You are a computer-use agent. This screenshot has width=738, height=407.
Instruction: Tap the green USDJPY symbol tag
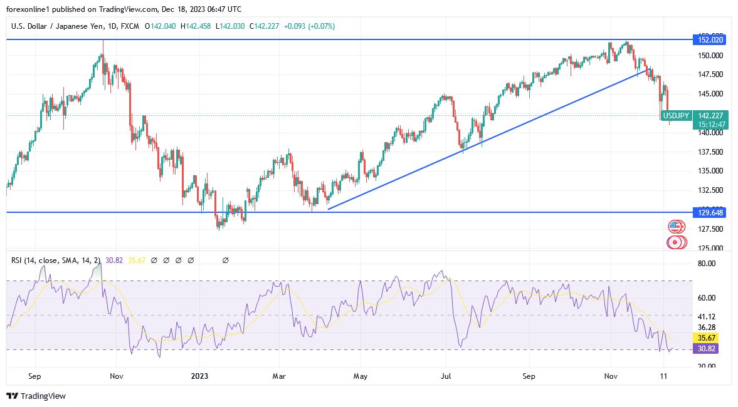pyautogui.click(x=677, y=115)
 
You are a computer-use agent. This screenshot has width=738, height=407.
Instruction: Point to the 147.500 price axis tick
pyautogui.click(x=711, y=75)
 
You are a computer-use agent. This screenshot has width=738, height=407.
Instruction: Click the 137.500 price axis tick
pyautogui.click(x=711, y=152)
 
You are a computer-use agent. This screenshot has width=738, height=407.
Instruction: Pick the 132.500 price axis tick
pyautogui.click(x=711, y=190)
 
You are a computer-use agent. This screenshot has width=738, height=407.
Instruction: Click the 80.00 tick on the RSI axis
pyautogui.click(x=707, y=264)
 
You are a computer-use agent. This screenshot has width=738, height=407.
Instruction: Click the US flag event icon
pyautogui.click(x=675, y=226)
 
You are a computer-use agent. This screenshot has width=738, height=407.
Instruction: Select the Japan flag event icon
pyautogui.click(x=675, y=242)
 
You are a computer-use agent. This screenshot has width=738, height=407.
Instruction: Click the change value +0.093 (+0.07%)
pyautogui.click(x=309, y=26)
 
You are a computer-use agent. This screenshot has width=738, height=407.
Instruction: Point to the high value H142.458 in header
pyautogui.click(x=196, y=26)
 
